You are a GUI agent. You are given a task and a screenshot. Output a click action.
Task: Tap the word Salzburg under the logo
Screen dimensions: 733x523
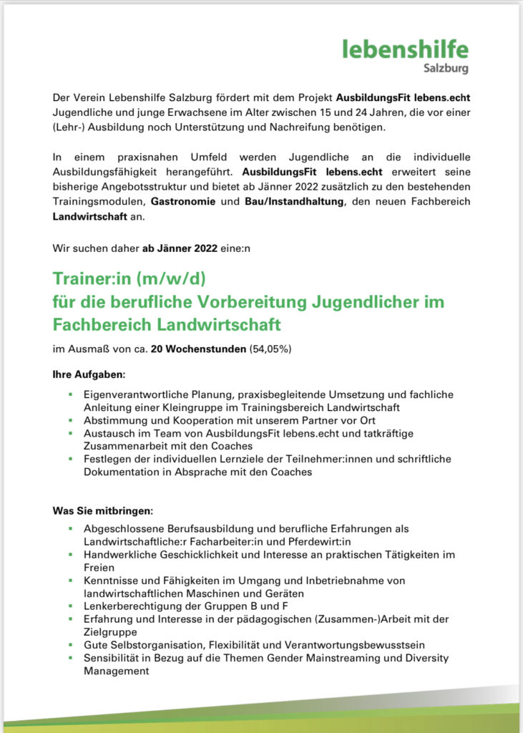(x=445, y=69)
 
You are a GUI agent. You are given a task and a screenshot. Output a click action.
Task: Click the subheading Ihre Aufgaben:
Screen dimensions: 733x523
(x=89, y=374)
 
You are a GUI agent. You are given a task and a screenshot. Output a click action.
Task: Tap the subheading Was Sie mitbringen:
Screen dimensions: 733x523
(x=103, y=510)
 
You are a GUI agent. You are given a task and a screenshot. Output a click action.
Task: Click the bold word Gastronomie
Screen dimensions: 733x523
(x=182, y=202)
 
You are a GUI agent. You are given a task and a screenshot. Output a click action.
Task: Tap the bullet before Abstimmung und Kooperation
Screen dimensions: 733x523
(x=71, y=420)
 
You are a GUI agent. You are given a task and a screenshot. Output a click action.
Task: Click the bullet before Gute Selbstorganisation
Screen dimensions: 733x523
(x=71, y=646)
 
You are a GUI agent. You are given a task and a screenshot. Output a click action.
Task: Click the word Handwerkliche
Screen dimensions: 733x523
(x=117, y=554)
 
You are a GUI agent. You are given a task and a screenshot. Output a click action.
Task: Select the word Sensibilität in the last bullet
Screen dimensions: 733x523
(x=111, y=659)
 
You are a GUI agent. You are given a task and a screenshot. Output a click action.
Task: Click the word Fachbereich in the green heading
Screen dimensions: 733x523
(x=95, y=324)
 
